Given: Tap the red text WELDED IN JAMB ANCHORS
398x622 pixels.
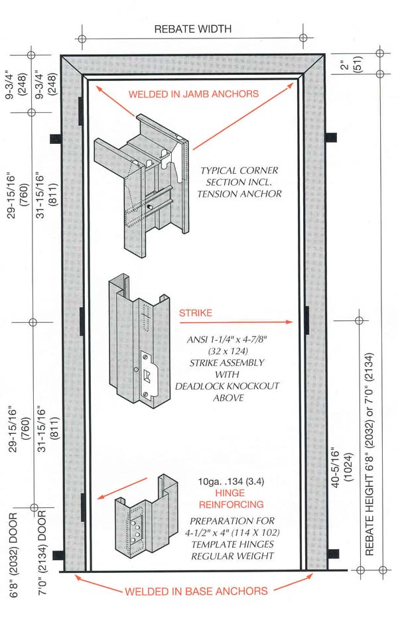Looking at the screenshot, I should [194, 94].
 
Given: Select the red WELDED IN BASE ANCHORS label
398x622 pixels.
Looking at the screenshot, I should [196, 591].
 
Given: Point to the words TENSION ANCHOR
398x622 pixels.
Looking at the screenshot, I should [239, 194].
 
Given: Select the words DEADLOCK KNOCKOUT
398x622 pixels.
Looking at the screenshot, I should [228, 387].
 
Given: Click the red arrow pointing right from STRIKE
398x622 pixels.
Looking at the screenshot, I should [235, 322].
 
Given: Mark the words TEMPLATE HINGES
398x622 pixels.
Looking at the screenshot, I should [232, 544].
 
